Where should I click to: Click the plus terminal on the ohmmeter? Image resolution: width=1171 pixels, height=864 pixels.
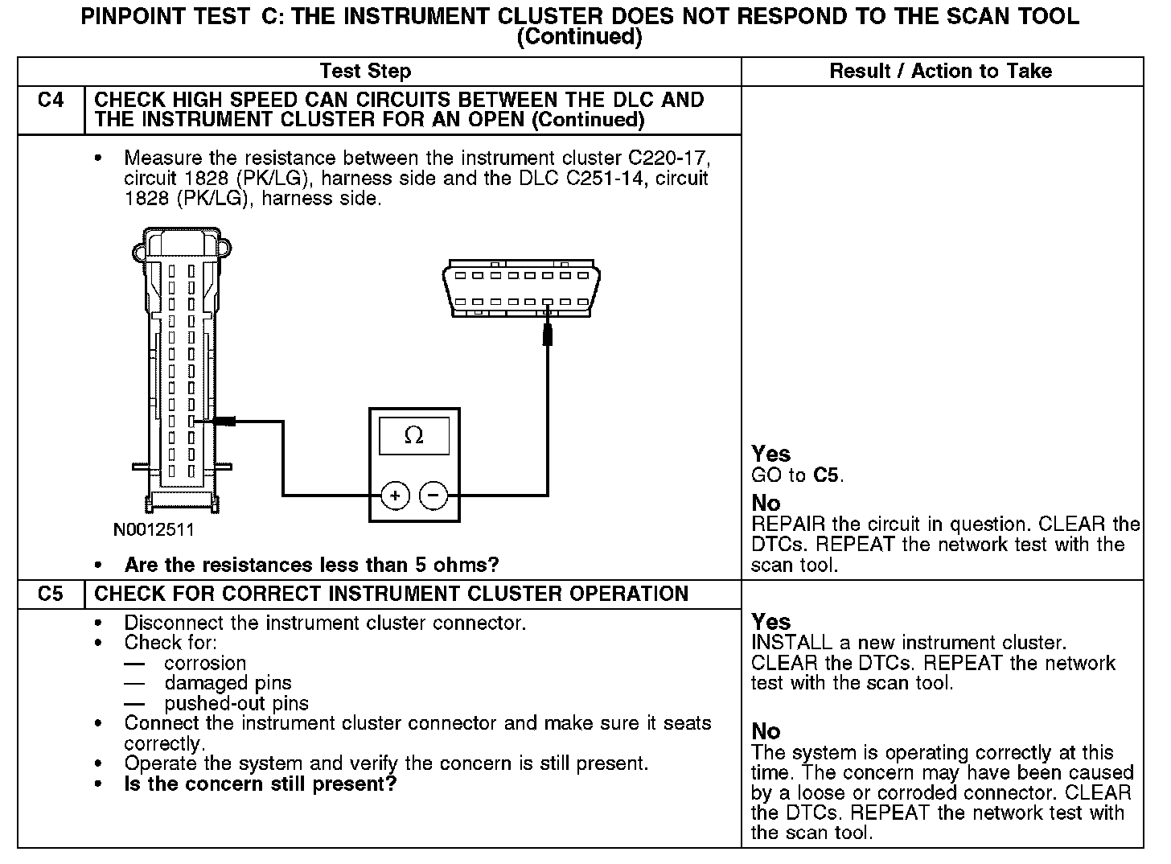(395, 496)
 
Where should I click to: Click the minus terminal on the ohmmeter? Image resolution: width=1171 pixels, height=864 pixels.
(434, 496)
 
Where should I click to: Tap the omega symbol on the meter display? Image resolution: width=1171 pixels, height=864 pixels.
(414, 435)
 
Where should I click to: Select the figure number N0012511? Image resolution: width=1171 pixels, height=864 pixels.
(154, 530)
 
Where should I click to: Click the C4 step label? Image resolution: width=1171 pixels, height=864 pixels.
(51, 101)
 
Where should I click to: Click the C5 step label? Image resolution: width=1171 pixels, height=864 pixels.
(51, 594)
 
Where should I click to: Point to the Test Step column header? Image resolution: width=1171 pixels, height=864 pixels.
(365, 71)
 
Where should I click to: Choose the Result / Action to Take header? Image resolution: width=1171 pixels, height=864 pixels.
(940, 71)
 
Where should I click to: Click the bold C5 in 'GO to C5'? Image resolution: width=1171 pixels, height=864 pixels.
(827, 475)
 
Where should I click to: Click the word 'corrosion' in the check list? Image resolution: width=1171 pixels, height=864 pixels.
(205, 663)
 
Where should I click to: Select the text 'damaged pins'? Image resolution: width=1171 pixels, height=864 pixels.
(228, 683)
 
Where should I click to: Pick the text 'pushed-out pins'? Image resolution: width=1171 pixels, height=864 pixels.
(236, 703)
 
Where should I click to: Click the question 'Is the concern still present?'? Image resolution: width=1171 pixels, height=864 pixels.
(261, 784)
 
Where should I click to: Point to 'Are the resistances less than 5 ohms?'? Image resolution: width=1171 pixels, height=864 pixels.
(311, 565)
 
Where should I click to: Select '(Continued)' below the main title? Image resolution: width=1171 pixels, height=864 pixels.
(579, 37)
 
